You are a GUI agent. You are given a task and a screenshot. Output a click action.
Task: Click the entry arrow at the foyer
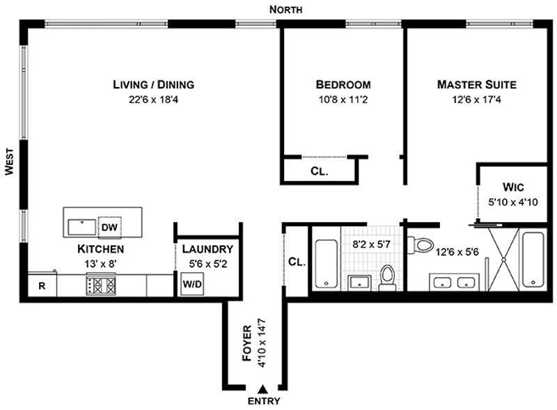click(262, 390)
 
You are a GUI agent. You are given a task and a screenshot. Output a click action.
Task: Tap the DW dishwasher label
click(109, 227)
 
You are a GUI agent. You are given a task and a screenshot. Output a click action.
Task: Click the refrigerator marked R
click(42, 285)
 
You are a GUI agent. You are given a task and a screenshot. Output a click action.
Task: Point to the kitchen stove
click(100, 285)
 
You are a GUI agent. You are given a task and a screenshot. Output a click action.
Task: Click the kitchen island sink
click(83, 228)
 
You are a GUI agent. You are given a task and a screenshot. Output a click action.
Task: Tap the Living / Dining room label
click(153, 85)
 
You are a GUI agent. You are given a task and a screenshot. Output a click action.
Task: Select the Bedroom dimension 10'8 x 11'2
click(343, 99)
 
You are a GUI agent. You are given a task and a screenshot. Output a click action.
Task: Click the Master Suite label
click(476, 85)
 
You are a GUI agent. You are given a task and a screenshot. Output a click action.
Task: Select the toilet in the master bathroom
click(420, 244)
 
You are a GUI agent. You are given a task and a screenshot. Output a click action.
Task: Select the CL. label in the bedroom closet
click(319, 171)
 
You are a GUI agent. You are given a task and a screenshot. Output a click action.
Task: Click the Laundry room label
click(207, 249)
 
